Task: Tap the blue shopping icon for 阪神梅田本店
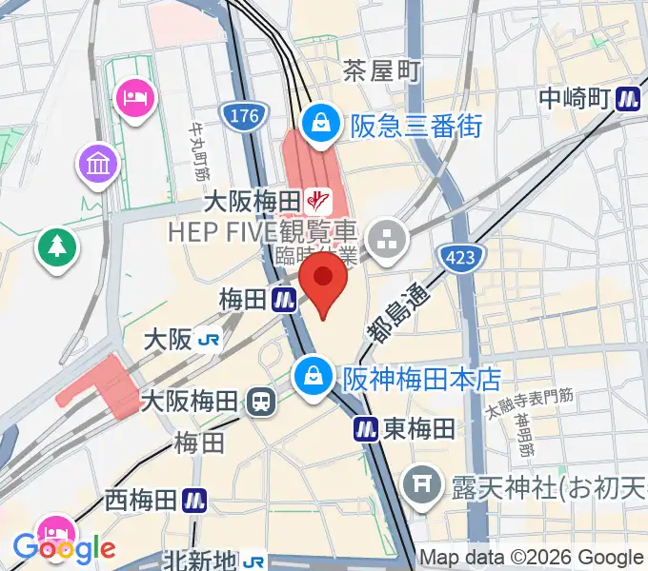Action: [x=312, y=376]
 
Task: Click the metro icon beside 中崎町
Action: [x=627, y=98]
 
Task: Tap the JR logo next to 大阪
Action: [x=212, y=340]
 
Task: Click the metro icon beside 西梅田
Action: [x=195, y=499]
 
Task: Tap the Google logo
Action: [x=64, y=547]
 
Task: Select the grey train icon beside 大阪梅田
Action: [x=259, y=402]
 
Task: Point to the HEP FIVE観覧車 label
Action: [x=262, y=231]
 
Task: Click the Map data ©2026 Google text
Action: [x=531, y=558]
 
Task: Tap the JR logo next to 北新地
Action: [x=253, y=561]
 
